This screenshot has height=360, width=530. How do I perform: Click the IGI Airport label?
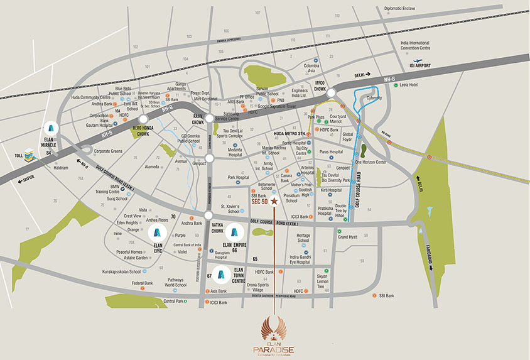pyautogui.click(x=433, y=64)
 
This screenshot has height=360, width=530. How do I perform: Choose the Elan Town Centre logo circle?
pyautogui.click(x=220, y=274)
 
